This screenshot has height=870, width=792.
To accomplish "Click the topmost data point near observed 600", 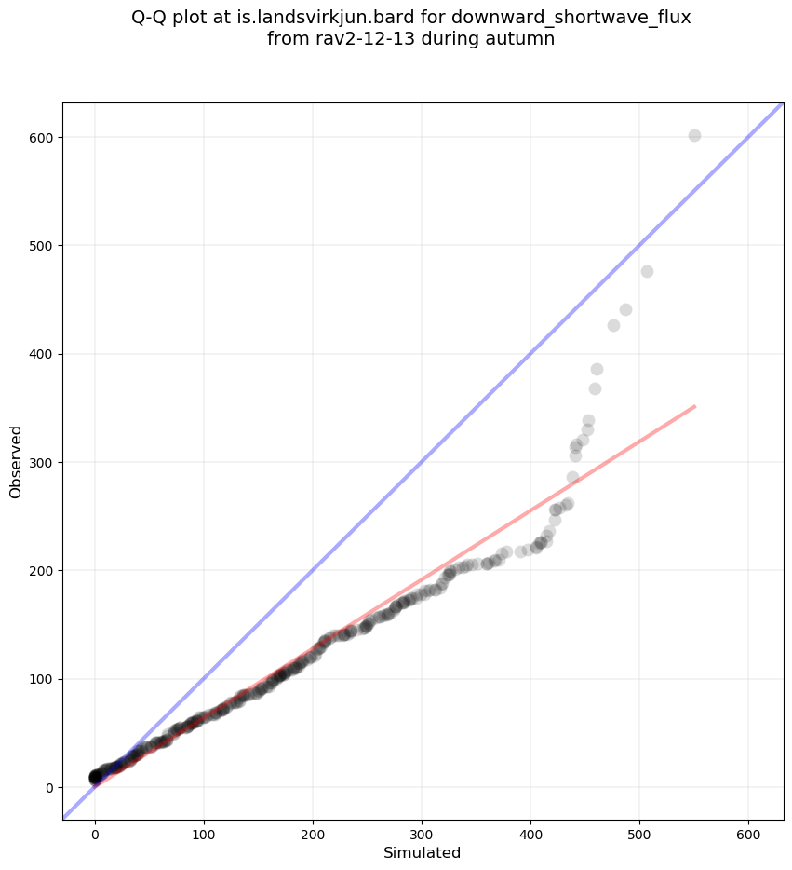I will pyautogui.click(x=694, y=135).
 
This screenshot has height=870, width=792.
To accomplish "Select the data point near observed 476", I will pyautogui.click(x=647, y=271).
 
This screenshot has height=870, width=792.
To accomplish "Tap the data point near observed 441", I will pyautogui.click(x=625, y=309).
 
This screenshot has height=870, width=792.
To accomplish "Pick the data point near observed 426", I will pyautogui.click(x=613, y=325).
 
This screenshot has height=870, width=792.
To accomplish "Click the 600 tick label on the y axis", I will pyautogui.click(x=41, y=137).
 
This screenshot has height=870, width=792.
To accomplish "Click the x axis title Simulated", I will pyautogui.click(x=423, y=852).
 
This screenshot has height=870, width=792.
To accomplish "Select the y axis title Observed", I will pyautogui.click(x=16, y=462).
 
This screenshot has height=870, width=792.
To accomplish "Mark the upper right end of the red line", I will pyautogui.click(x=695, y=406).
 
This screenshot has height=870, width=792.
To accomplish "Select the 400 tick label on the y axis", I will pyautogui.click(x=41, y=354).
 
